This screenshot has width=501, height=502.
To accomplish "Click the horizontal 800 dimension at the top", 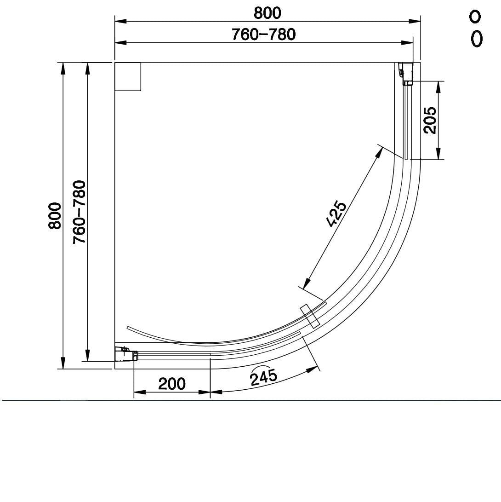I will pyautogui.click(x=267, y=13).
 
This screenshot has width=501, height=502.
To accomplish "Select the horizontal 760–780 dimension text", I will pyautogui.click(x=263, y=35).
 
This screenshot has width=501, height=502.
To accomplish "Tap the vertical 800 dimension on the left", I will pyautogui.click(x=55, y=215).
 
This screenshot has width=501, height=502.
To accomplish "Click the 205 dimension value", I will pyautogui.click(x=430, y=120).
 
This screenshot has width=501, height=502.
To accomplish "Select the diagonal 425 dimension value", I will pyautogui.click(x=336, y=214).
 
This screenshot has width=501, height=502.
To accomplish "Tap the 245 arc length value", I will pyautogui.click(x=264, y=377).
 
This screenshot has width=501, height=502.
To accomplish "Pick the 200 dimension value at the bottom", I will pyautogui.click(x=172, y=383).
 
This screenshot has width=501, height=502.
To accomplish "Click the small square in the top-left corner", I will pyautogui.click(x=127, y=77).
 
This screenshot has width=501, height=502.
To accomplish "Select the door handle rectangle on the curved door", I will pyautogui.click(x=309, y=316).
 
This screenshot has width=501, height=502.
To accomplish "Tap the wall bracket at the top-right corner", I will pyautogui.click(x=406, y=75).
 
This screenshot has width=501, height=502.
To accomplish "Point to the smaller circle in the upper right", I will pyautogui.click(x=475, y=17).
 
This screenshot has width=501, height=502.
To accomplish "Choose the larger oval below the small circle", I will pyautogui.click(x=477, y=39).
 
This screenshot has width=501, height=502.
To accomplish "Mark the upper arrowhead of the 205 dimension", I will pyautogui.click(x=438, y=87).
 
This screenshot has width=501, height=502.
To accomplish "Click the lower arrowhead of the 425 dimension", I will pyautogui.click(x=307, y=282).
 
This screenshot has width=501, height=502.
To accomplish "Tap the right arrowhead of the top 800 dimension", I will pyautogui.click(x=415, y=21).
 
